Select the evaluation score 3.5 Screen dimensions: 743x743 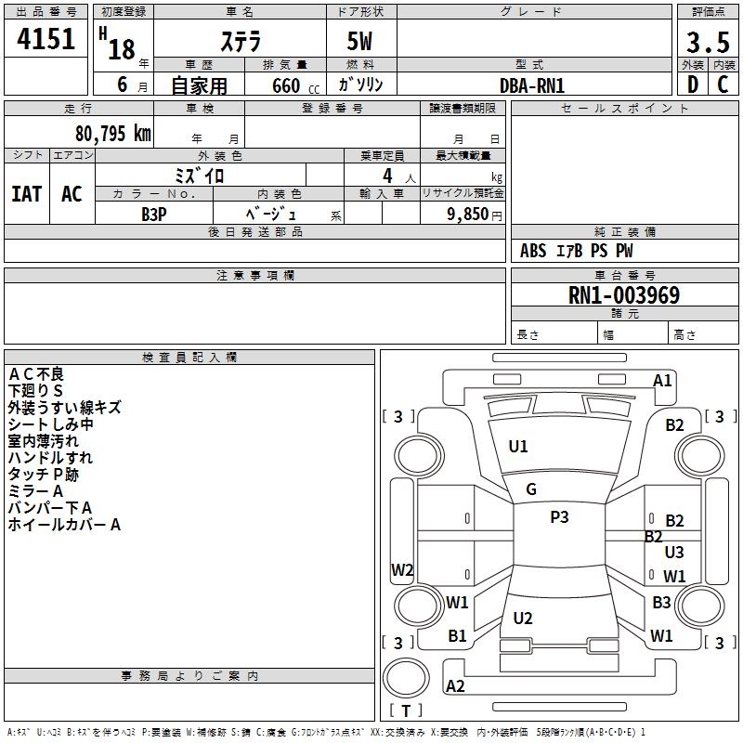pos(708,43)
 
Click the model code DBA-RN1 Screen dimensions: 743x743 pos(532,85)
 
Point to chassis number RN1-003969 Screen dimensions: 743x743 pos(624,296)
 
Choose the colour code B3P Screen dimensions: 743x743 pos(154,213)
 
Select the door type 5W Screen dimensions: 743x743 pos(361,43)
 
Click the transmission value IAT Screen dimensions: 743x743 pos(27,194)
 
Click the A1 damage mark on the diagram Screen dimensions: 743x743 pos(662,380)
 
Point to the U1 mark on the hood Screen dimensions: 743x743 pos(518,447)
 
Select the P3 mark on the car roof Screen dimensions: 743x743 pos(559,517)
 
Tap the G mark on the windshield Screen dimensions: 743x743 pos(531,489)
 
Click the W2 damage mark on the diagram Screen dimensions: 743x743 pos(402,570)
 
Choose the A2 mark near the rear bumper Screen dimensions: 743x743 pos(455,686)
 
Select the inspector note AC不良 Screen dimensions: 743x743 pos(36,373)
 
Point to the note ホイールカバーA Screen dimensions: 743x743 pos(65,525)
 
